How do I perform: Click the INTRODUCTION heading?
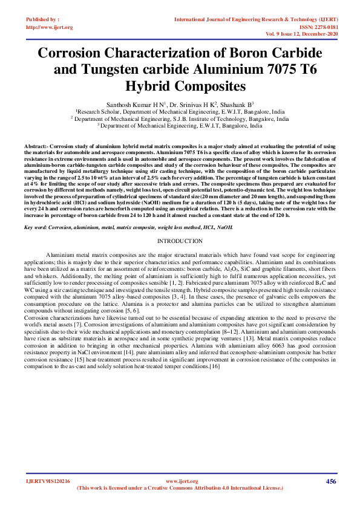(180, 224)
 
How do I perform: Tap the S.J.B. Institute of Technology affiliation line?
(180, 119)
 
